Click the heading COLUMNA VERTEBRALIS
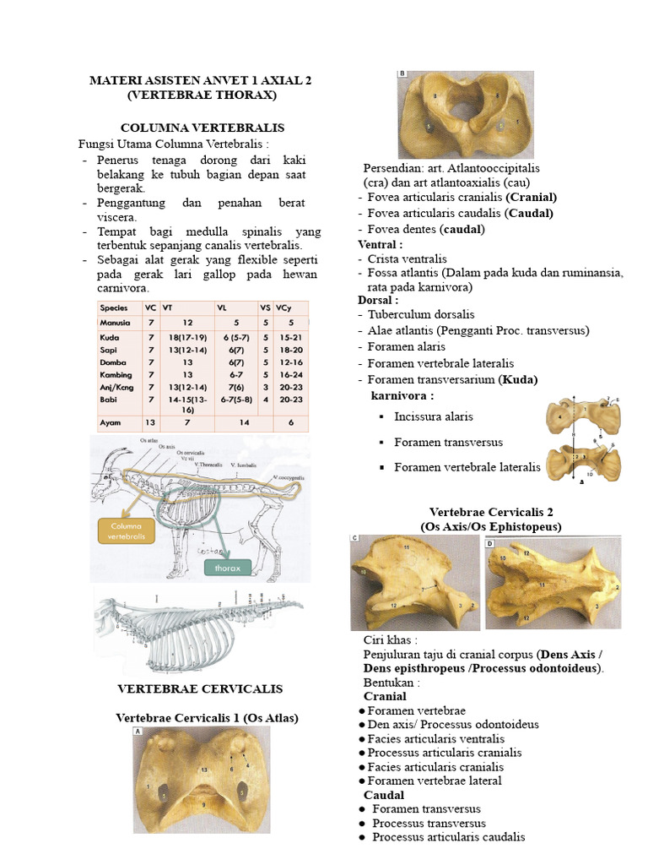tap(200, 128)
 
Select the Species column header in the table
tap(114, 308)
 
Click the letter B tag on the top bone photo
tap(402, 74)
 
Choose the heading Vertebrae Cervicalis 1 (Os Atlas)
tap(207, 718)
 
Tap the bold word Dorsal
tap(378, 300)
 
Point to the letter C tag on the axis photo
tap(356, 537)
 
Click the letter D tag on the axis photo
tap(490, 544)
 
